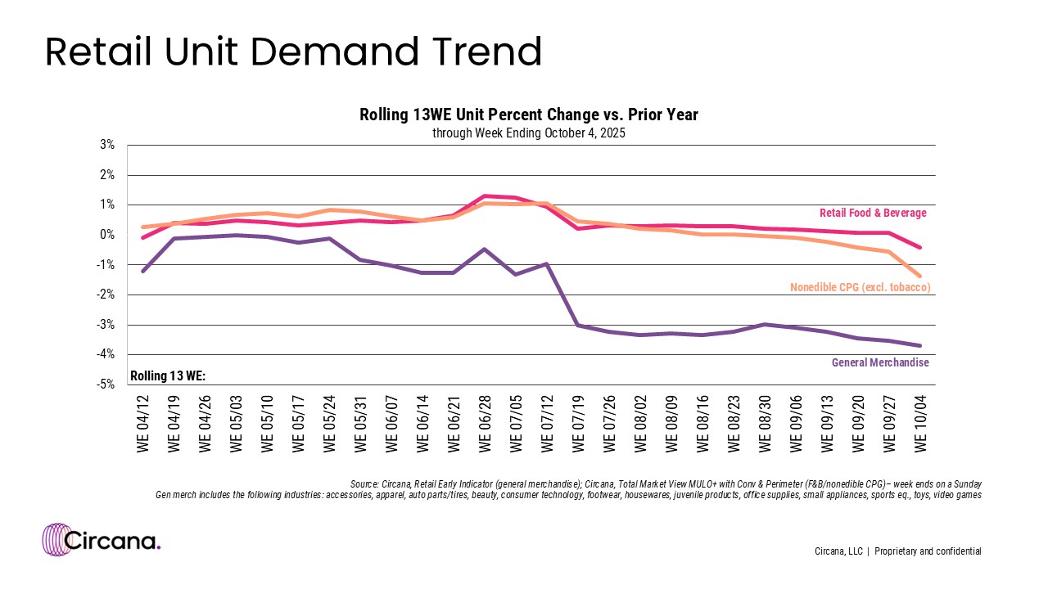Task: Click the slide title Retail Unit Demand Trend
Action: point(293,52)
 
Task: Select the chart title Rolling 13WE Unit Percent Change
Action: point(529,115)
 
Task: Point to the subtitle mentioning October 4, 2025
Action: point(529,133)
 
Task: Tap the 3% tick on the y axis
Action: point(106,146)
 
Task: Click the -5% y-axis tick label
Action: point(105,384)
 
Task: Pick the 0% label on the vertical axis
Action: point(106,235)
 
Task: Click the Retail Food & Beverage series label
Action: point(873,214)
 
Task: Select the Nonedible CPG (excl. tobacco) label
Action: point(860,287)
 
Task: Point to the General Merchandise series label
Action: point(880,362)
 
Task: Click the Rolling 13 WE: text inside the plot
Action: point(168,376)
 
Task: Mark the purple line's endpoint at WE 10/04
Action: point(920,345)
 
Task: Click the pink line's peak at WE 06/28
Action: point(485,196)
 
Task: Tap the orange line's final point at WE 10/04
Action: point(920,277)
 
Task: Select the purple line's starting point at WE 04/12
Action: point(143,271)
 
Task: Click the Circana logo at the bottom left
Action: point(102,540)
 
